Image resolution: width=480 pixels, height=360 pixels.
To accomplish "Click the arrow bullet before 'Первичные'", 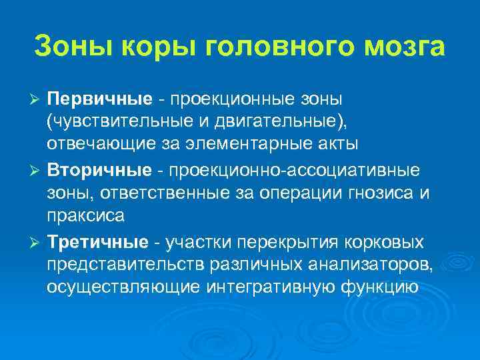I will (x=38, y=100).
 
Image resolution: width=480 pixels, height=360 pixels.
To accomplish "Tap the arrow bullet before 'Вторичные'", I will (x=38, y=170).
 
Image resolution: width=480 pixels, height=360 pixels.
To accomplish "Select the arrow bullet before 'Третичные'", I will (x=38, y=241).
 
